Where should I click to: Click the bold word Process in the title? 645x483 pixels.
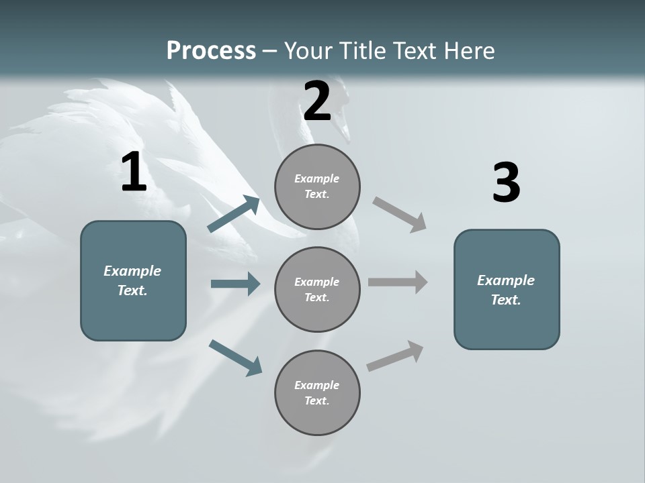point(211,50)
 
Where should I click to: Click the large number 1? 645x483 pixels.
point(134,172)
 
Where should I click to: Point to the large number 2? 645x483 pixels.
point(317,101)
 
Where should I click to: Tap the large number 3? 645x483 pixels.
point(506,183)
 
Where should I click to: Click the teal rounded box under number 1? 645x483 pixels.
point(133,280)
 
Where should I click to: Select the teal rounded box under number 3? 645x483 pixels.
point(507,289)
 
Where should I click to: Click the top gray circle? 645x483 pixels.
point(317,186)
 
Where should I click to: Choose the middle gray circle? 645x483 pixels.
point(317,289)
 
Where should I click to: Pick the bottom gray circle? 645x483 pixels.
point(317,392)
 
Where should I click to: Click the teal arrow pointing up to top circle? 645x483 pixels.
point(234,214)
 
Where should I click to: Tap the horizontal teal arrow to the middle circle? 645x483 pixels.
point(235,284)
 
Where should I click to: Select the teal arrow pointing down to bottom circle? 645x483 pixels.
point(235,357)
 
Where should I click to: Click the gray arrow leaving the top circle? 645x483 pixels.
point(400,214)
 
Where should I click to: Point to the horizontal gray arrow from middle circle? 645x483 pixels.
point(398,282)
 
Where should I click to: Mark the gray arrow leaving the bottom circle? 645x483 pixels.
point(395,356)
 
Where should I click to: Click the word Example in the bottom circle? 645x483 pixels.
point(316,385)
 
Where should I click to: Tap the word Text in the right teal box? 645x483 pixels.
point(505,300)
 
